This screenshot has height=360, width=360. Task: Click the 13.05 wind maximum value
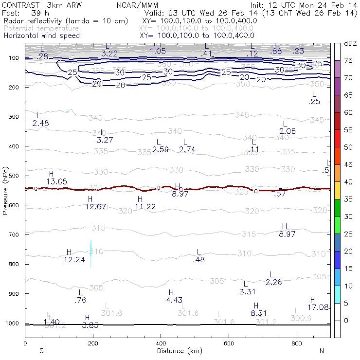(56, 181)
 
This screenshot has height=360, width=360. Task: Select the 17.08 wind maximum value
(319, 307)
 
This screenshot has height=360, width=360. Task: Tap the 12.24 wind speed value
(74, 260)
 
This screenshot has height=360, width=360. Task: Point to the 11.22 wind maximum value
(145, 207)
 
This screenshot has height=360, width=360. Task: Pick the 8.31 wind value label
(259, 313)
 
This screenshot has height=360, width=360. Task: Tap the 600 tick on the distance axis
(229, 343)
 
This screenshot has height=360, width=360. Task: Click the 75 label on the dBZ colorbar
(348, 61)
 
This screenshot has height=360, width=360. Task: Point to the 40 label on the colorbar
(348, 182)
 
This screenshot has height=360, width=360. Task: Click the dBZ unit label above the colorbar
(350, 44)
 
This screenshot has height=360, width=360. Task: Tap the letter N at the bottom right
(321, 351)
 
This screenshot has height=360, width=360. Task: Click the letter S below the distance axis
(42, 351)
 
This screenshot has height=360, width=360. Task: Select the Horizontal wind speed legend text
(42, 36)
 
